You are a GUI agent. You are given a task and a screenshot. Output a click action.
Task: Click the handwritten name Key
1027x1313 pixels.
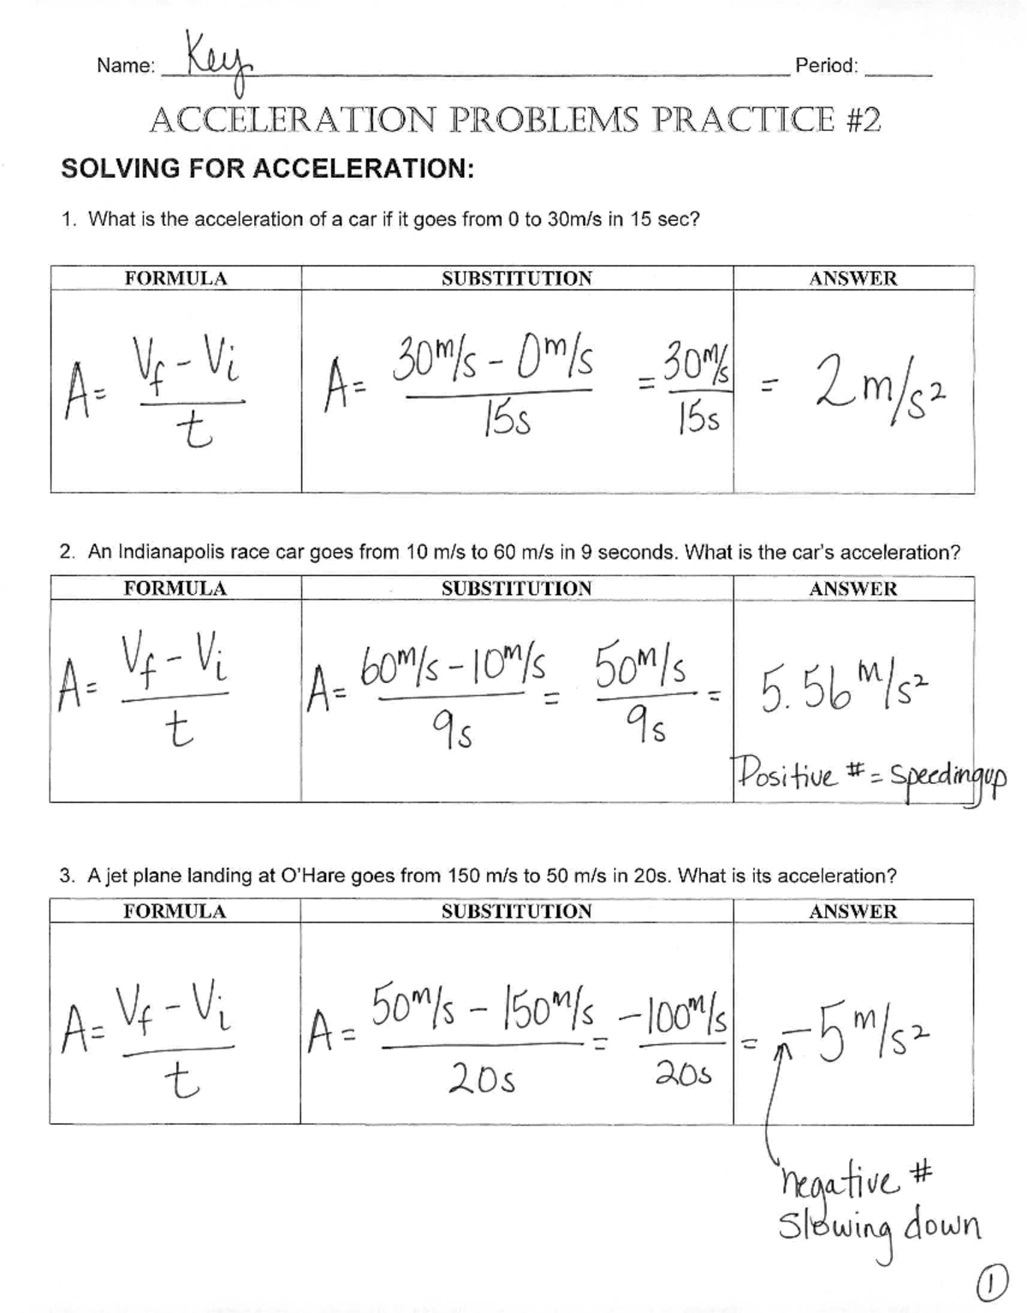[208, 61]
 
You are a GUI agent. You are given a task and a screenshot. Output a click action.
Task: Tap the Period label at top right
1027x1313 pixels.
[826, 66]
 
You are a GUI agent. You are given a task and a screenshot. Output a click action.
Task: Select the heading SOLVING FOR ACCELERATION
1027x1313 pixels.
[267, 169]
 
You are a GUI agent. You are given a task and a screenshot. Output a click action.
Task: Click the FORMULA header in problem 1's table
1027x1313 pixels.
[175, 278]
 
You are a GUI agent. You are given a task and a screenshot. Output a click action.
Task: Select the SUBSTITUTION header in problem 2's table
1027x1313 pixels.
[516, 589]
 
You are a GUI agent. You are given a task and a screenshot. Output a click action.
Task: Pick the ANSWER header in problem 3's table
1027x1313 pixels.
[852, 912]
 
